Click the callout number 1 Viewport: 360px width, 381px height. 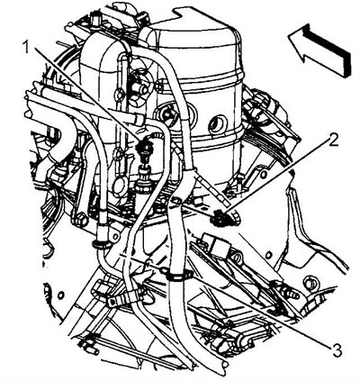[x=26, y=47]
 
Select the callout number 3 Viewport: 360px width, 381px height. [x=337, y=351]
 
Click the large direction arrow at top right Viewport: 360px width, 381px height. [x=319, y=50]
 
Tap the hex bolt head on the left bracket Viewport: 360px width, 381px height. [x=81, y=220]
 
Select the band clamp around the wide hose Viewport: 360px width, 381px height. [x=179, y=277]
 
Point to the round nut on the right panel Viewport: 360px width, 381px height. [x=310, y=282]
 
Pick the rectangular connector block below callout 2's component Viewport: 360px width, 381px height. [x=216, y=245]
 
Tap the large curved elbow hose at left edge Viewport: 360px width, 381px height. [x=61, y=141]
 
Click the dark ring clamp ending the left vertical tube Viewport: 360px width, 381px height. [x=101, y=245]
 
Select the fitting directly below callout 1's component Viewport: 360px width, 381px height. [x=142, y=181]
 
